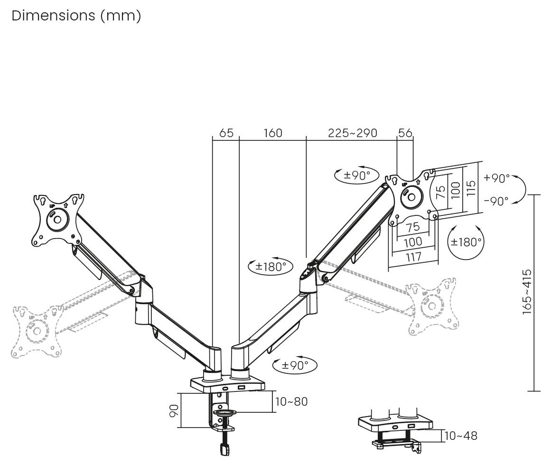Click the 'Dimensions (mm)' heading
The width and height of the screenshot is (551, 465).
tap(76, 16)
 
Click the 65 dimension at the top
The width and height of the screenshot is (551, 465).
tap(226, 133)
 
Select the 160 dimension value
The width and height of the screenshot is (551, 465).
tap(273, 133)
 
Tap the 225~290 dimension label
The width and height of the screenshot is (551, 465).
tap(353, 133)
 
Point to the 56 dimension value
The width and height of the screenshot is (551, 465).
tap(405, 133)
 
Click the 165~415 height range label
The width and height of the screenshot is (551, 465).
tap(527, 292)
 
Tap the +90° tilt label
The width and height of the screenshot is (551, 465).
tap(496, 178)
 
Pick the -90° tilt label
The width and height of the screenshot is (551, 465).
tap(496, 201)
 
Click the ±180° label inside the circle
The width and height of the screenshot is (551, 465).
tap(466, 242)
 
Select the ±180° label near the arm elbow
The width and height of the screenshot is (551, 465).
tap(271, 267)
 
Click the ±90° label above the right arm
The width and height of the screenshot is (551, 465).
tap(357, 175)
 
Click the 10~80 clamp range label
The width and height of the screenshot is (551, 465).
tap(291, 401)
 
